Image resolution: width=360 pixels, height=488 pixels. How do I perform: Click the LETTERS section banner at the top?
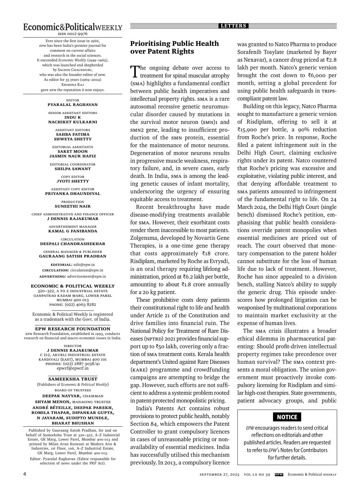[234, 26]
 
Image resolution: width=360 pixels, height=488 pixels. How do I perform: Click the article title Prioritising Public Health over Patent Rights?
[174, 47]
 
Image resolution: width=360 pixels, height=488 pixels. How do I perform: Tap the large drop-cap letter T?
[134, 72]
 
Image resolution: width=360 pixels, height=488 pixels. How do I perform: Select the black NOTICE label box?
[287, 417]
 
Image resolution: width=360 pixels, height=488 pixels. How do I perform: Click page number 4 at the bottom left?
[25, 474]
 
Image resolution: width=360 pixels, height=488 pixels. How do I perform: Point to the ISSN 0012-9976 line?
[72, 34]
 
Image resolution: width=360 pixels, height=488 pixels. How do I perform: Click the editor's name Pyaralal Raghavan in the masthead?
[72, 105]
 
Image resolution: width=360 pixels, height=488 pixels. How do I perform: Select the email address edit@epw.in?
[84, 265]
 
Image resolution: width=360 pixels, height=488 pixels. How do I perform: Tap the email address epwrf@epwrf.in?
[72, 368]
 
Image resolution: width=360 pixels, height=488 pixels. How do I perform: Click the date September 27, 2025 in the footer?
[219, 475]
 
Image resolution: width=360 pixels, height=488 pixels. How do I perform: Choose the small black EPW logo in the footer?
[279, 474]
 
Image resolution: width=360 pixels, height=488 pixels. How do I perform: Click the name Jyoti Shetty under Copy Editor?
[72, 181]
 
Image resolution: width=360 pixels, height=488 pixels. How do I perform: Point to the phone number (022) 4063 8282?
[80, 305]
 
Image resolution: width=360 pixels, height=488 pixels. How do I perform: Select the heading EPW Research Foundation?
[72, 329]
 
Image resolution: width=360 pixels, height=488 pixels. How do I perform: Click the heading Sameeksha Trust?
[72, 379]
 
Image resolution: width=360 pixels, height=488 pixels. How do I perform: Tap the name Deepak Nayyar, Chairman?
[72, 396]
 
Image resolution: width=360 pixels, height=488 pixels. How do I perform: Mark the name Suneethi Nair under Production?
[72, 206]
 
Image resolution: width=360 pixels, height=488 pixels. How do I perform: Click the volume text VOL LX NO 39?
[257, 475]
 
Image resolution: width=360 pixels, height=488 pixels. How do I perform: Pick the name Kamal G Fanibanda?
[72, 231]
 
